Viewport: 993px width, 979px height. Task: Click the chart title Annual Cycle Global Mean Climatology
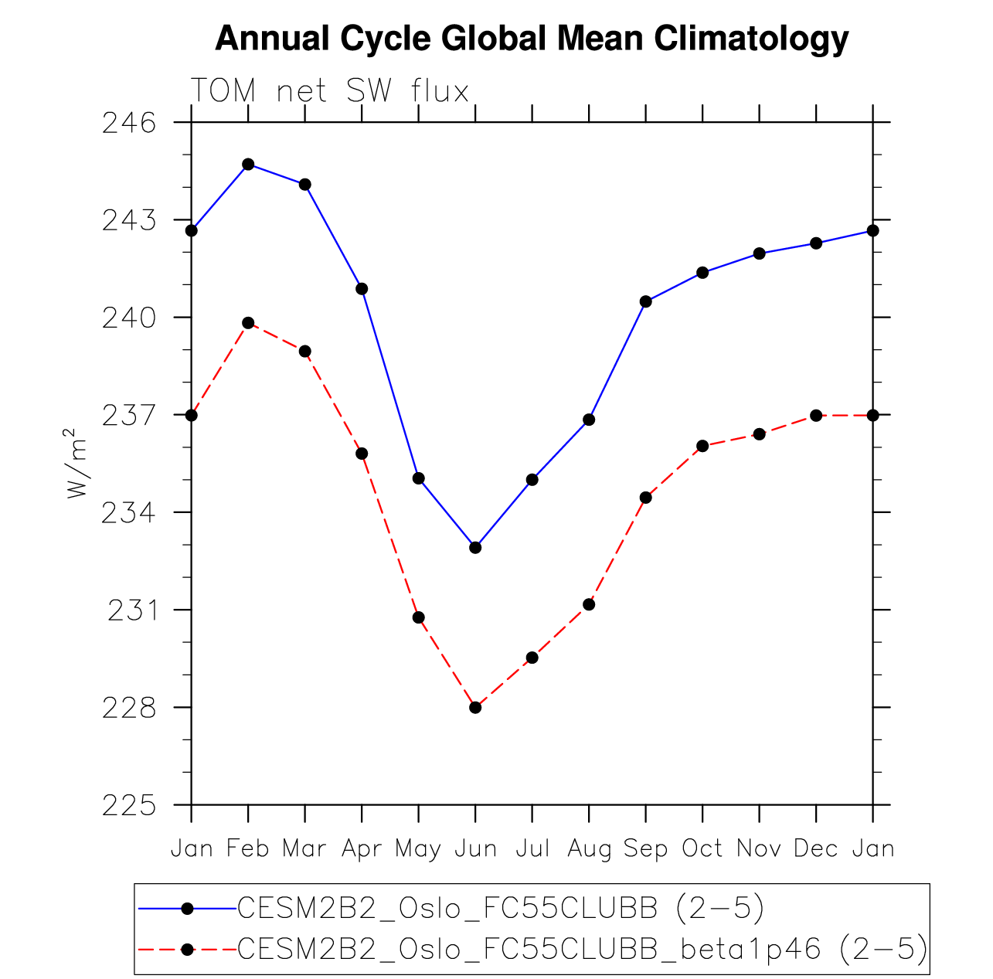pos(532,39)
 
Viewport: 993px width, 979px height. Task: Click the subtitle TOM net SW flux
pos(330,91)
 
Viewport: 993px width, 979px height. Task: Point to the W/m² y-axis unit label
pos(77,464)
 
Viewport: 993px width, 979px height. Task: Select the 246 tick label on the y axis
pos(128,123)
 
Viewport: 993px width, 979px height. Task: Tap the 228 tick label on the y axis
pos(128,708)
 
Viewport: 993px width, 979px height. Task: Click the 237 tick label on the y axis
pos(128,416)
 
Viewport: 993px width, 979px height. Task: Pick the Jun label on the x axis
pos(475,848)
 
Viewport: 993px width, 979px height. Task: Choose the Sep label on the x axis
pos(645,848)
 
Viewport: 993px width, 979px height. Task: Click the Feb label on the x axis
pos(248,848)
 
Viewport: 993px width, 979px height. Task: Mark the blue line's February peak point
pos(248,165)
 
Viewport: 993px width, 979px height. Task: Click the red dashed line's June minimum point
pos(475,707)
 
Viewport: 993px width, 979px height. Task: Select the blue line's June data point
pos(475,547)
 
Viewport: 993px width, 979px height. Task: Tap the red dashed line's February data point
pos(248,323)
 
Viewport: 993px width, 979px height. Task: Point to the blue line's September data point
pos(645,301)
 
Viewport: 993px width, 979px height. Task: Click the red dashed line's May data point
pos(419,617)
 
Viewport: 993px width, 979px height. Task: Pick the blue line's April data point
pos(362,289)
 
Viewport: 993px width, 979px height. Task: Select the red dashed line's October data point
pos(702,446)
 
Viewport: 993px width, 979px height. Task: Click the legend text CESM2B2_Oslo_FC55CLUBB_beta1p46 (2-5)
pos(583,949)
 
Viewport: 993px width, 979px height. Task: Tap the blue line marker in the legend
pos(186,909)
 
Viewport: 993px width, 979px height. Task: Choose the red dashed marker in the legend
pos(186,949)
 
